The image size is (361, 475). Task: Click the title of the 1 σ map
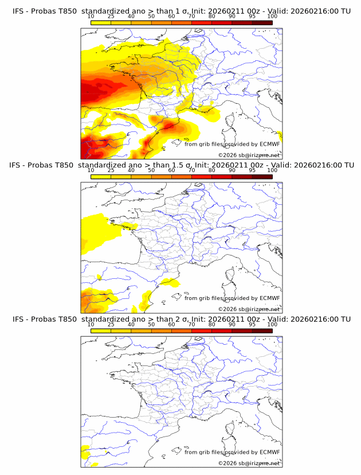[x=181, y=11]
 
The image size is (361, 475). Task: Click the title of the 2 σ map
[x=181, y=319]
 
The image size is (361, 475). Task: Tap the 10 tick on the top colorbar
[x=91, y=16]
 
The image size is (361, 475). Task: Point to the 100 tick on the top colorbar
[x=272, y=16]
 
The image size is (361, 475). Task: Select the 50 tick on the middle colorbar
[x=151, y=170]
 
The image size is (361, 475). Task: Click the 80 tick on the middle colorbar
[x=212, y=170]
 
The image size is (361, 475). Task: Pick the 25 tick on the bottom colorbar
[x=111, y=325]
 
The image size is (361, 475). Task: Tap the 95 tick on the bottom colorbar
[x=252, y=325]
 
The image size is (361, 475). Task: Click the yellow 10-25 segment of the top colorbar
[x=100, y=22]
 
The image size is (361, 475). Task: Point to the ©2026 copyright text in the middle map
[x=249, y=309]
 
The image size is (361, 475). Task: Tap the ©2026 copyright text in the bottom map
[x=249, y=463]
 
